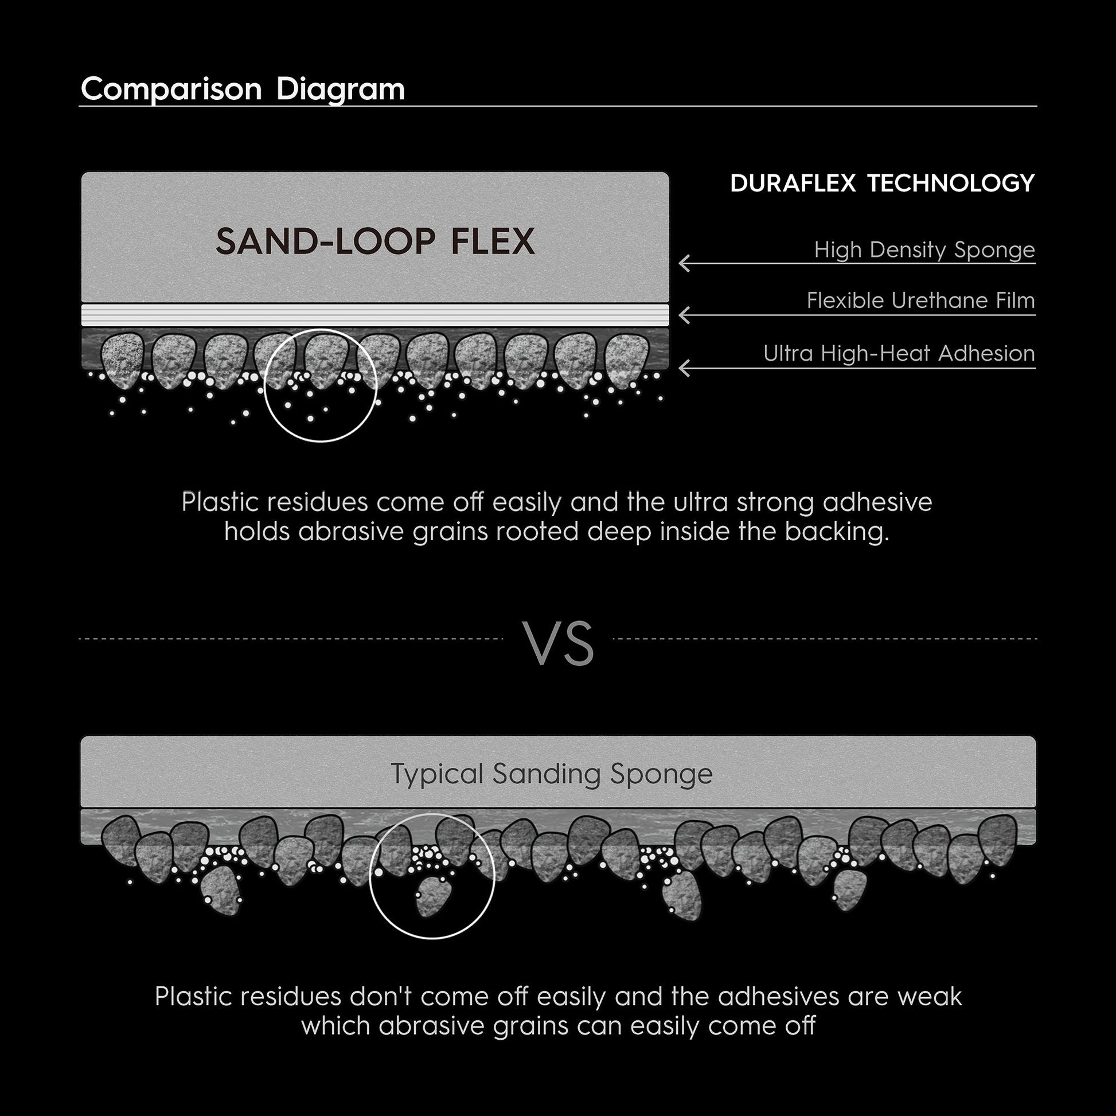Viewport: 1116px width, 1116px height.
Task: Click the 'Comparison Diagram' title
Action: click(x=243, y=89)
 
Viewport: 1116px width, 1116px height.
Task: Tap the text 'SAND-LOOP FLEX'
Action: click(x=376, y=241)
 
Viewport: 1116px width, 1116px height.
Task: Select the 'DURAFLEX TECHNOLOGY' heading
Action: click(x=882, y=183)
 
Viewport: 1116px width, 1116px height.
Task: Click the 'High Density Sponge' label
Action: click(x=924, y=250)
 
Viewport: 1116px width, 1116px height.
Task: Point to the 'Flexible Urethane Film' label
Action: click(x=921, y=301)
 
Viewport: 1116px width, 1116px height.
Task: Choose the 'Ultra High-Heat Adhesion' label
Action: click(x=899, y=353)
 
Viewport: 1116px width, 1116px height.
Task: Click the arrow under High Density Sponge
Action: click(x=857, y=263)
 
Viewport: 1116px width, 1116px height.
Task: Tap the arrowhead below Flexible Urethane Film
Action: click(x=684, y=315)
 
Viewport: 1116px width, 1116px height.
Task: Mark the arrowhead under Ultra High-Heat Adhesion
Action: click(x=684, y=368)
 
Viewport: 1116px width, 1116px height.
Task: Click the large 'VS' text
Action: click(x=558, y=644)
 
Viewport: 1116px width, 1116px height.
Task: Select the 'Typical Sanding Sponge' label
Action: click(x=552, y=774)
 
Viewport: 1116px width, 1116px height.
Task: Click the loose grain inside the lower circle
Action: click(x=431, y=897)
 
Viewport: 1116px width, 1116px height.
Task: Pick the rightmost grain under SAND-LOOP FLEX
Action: click(x=627, y=361)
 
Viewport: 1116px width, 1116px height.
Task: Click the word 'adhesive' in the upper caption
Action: click(x=877, y=502)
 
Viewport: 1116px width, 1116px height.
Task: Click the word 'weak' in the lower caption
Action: click(x=930, y=997)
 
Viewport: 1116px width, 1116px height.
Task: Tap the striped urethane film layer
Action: click(x=375, y=315)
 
